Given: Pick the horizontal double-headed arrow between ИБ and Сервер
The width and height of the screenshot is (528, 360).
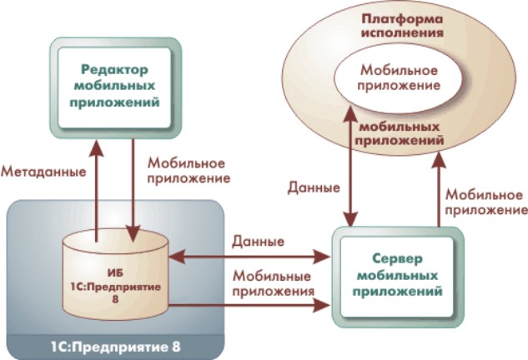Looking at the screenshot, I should coord(250,258).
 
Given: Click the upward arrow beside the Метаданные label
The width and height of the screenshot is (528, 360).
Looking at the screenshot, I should coord(97,187).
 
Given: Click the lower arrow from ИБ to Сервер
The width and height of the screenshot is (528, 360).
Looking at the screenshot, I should coord(250,306).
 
